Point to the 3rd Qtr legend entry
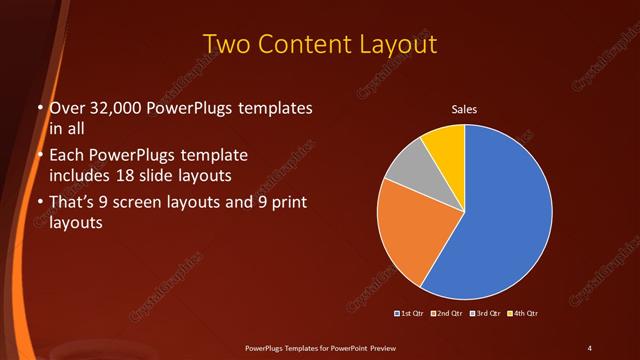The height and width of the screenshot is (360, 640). tap(484, 314)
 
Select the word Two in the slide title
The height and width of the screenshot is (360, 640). tap(225, 44)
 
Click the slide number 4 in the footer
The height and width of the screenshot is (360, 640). tap(590, 347)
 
